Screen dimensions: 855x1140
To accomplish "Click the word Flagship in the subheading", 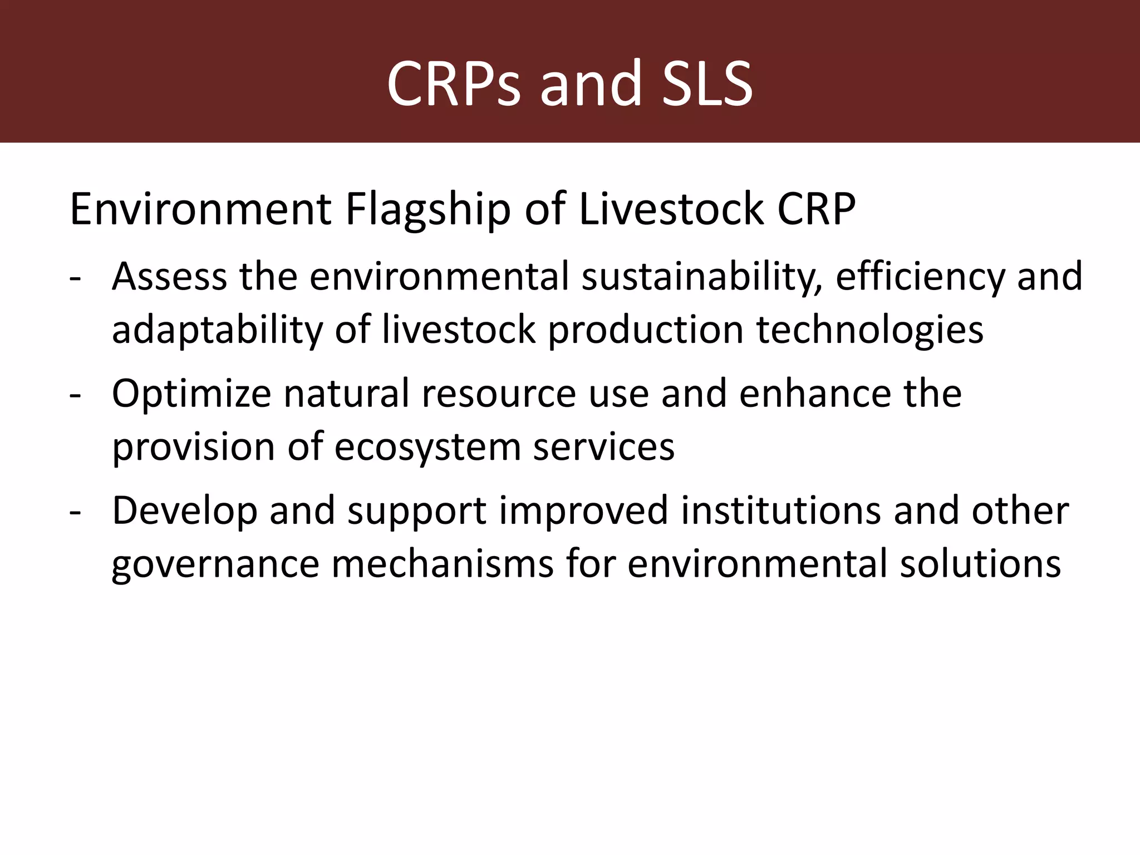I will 427,210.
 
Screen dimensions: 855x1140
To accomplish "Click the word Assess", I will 169,277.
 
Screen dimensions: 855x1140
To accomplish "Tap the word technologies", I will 869,330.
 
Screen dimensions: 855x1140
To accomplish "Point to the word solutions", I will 980,563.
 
